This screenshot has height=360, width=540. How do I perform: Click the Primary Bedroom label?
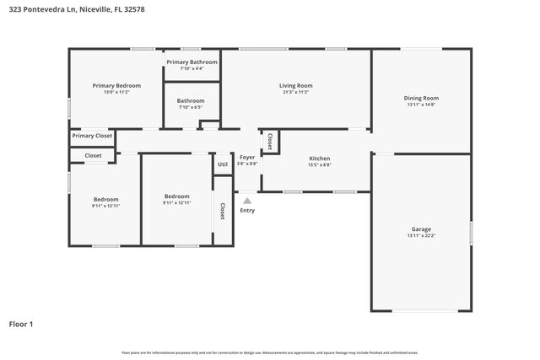[116, 86]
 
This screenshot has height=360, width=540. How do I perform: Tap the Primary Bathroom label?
[192, 62]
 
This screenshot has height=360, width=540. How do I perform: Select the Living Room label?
[296, 86]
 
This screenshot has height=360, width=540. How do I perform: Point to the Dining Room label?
[422, 98]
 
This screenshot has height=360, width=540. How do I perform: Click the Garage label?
[420, 229]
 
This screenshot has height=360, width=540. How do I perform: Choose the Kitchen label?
[319, 159]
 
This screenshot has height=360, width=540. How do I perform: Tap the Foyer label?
[247, 158]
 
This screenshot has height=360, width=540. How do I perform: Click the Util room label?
[223, 164]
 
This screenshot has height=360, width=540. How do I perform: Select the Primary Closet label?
[92, 136]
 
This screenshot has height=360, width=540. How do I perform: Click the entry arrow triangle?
[247, 201]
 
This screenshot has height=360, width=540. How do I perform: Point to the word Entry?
[247, 210]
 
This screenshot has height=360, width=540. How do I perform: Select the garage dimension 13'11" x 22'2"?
[420, 236]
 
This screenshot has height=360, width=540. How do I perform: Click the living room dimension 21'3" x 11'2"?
[296, 93]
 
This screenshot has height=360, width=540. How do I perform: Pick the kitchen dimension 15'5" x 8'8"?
[319, 165]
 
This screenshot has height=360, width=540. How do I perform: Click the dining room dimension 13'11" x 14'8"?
[422, 105]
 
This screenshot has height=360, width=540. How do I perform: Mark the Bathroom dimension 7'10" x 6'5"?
[192, 108]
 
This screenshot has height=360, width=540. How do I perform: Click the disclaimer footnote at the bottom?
[269, 352]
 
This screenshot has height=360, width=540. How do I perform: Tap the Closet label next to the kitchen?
[270, 141]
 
